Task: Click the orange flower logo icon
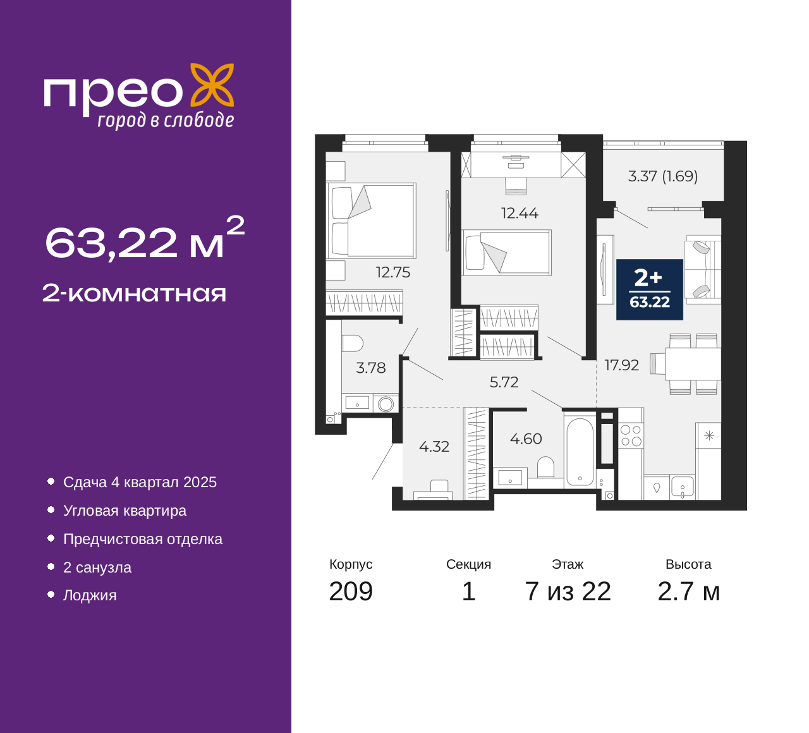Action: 212,85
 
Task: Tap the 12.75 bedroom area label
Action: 393,272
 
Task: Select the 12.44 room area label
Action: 520,213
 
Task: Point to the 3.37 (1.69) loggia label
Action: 662,176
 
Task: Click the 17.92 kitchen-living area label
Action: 622,365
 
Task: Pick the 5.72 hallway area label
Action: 504,382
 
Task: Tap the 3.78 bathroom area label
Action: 370,368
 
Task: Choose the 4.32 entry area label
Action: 434,447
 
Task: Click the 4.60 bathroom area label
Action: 526,439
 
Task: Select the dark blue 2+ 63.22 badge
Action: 650,289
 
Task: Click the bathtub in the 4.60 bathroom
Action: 580,452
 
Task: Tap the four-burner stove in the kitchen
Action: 631,435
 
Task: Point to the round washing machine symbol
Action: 386,404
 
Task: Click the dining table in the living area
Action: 693,364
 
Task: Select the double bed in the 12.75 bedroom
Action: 371,221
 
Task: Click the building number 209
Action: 351,592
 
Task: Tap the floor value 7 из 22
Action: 568,592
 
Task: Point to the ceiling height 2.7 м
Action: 688,592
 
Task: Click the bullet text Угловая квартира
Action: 125,511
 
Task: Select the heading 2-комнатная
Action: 134,294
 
